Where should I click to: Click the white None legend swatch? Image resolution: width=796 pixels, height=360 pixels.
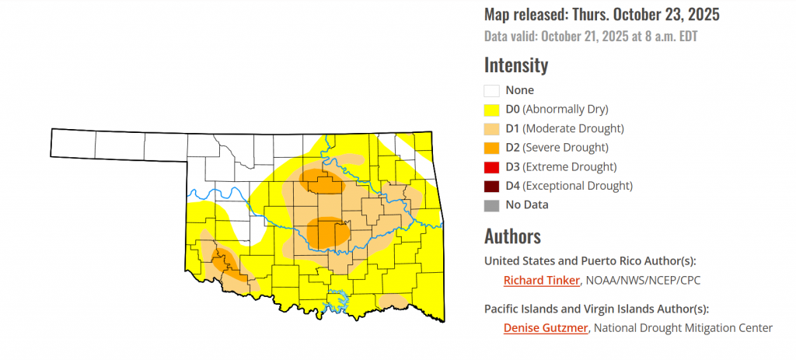491,90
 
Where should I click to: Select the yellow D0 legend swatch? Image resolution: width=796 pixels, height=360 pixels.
491,110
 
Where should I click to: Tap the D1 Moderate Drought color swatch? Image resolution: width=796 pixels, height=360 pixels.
491,128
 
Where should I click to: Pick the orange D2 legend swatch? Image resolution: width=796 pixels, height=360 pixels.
491,148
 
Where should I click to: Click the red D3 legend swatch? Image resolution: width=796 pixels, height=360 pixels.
491,166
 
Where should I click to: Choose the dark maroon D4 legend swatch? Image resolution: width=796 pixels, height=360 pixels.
491,186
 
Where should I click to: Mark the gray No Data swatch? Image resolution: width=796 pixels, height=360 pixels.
491,205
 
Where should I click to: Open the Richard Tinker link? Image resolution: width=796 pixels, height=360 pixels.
542,281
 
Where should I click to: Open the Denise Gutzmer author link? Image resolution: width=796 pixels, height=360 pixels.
546,328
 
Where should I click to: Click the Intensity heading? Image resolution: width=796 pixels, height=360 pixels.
515,65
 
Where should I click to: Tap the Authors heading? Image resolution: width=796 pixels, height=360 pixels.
512,236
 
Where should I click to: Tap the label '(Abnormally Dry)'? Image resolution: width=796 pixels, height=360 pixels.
565,110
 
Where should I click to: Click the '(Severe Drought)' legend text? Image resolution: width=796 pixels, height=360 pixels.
565,148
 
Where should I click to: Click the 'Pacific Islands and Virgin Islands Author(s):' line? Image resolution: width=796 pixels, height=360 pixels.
596,308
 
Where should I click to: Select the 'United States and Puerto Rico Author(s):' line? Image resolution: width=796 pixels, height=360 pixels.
590,260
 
